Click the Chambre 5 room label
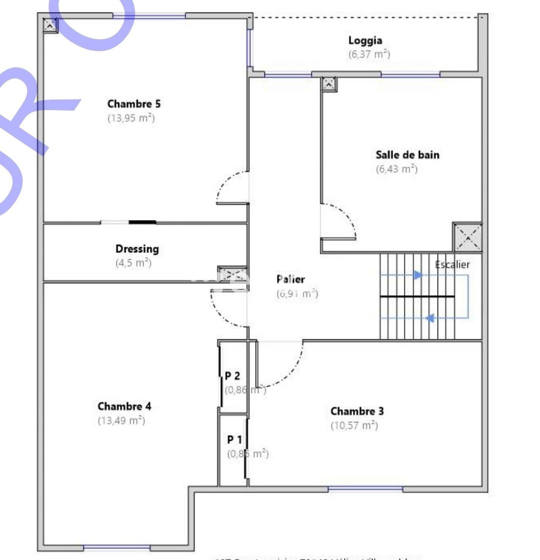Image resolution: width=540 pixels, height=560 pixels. [134, 104]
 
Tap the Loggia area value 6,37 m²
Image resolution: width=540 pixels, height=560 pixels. [369, 54]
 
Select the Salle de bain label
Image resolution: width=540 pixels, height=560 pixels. [407, 155]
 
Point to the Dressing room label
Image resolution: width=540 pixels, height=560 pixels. [137, 249]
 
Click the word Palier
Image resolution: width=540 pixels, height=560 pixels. [291, 279]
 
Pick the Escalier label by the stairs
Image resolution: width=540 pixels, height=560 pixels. [452, 264]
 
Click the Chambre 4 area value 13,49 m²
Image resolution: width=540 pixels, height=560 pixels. [121, 420]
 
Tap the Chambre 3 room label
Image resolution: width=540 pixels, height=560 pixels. [357, 411]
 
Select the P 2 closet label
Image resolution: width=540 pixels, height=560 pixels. [232, 375]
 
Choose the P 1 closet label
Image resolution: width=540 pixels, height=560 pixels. [235, 439]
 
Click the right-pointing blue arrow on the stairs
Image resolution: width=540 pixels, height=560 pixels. [418, 274]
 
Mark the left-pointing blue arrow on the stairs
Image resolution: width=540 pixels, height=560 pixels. [430, 318]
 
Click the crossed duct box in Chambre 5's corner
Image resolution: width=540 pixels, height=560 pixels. [50, 25]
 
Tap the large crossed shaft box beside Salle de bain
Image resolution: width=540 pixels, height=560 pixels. [467, 237]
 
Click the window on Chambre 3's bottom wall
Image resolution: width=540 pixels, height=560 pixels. [365, 489]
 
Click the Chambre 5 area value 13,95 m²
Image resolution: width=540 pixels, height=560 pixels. [131, 118]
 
